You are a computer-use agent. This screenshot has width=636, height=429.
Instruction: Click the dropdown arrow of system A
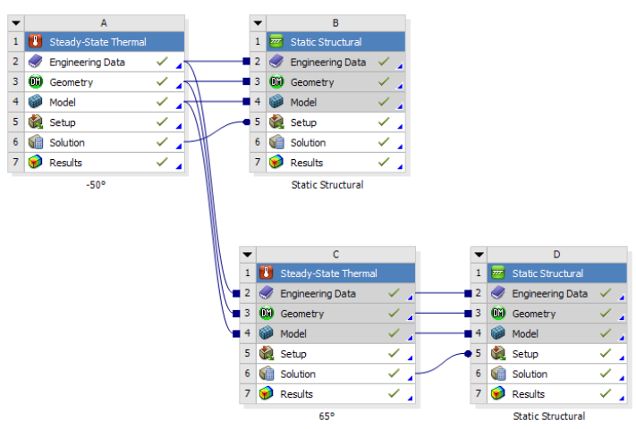(x=16, y=23)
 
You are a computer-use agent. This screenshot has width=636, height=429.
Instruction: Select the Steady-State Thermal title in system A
(x=98, y=42)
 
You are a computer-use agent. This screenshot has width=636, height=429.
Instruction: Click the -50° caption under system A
(x=96, y=185)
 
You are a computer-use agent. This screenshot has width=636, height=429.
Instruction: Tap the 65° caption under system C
(x=326, y=416)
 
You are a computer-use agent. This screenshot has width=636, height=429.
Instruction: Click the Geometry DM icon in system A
(x=35, y=82)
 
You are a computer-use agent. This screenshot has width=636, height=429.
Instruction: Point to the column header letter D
(x=556, y=255)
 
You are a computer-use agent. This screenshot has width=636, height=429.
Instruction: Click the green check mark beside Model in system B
(x=384, y=102)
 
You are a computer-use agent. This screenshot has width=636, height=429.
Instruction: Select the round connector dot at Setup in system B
(x=246, y=122)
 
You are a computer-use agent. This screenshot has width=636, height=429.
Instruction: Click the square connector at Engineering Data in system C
(x=236, y=293)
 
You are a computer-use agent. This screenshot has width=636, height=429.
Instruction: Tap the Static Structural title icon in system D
(x=497, y=273)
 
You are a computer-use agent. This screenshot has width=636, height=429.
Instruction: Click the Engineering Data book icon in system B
(x=276, y=62)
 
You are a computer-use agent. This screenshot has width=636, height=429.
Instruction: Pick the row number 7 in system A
(x=15, y=162)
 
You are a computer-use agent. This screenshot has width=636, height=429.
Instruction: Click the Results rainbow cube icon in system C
(x=266, y=393)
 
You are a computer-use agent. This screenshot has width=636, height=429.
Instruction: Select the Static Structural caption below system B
(x=327, y=185)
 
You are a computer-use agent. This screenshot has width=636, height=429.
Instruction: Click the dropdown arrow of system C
(x=248, y=255)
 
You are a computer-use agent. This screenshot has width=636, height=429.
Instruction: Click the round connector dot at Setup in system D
(x=468, y=354)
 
